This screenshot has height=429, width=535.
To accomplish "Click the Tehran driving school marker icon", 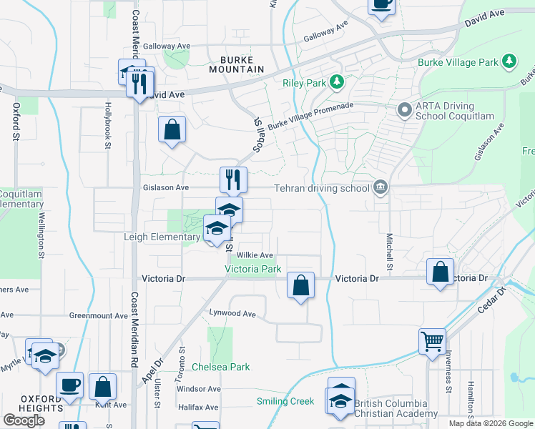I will (x=380, y=188).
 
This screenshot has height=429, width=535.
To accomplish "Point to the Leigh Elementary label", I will (x=162, y=237).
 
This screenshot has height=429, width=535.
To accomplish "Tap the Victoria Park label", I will (x=253, y=270).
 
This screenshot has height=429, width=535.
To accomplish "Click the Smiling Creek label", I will (x=285, y=401).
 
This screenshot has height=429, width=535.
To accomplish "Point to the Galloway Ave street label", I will (x=325, y=31).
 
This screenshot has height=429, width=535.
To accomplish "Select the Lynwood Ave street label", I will (x=232, y=313).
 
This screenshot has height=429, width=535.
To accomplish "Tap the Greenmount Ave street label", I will (x=98, y=315).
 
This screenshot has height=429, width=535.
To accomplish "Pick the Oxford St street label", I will (x=16, y=122).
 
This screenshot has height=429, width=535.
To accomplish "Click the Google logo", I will (x=24, y=420).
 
